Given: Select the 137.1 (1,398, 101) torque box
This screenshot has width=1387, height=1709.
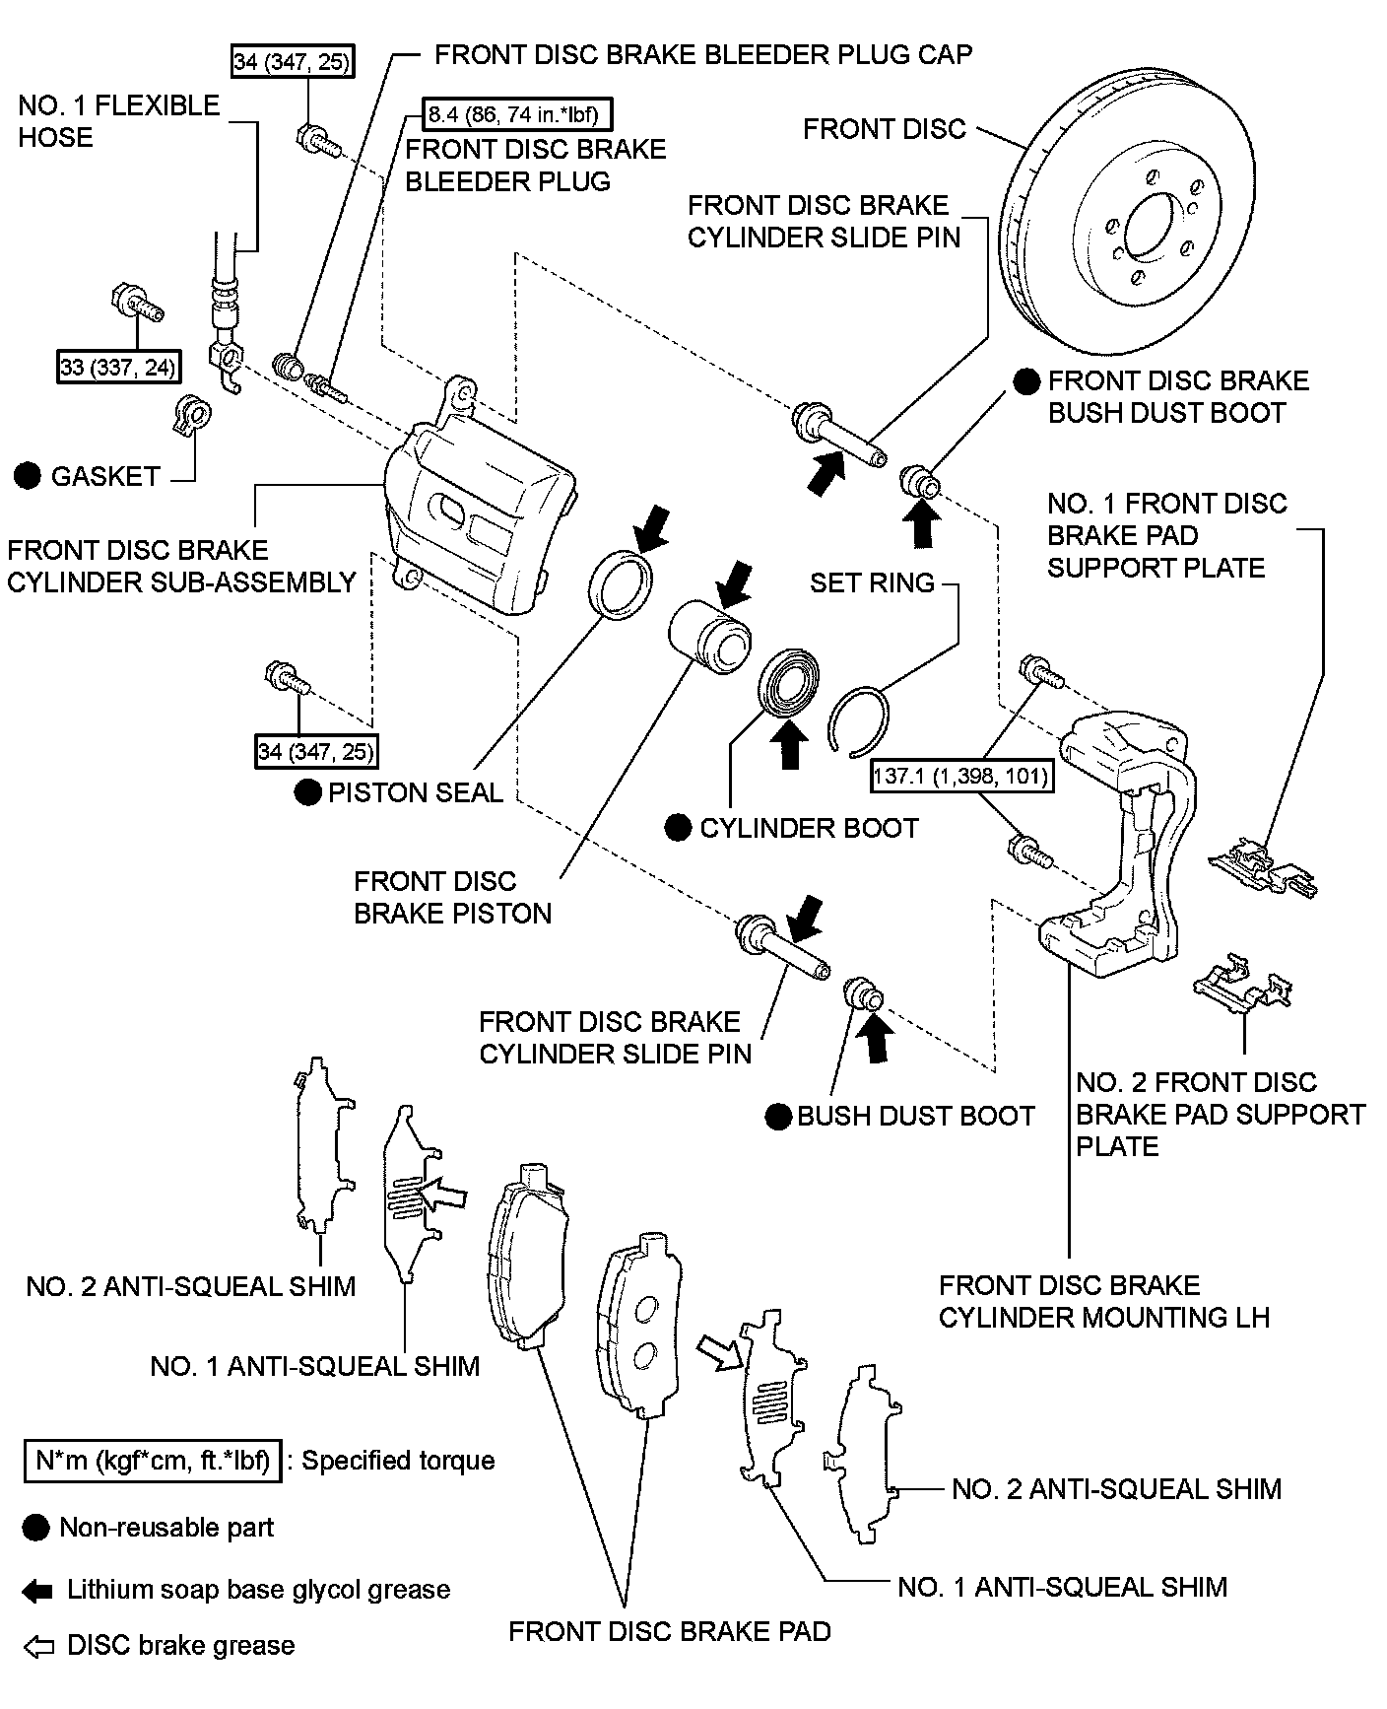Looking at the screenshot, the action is tap(960, 777).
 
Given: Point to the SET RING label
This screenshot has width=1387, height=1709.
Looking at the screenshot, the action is tap(872, 582).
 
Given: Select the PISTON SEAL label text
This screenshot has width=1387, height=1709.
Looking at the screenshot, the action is tap(415, 792).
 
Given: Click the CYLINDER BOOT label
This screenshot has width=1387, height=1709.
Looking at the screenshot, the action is tap(809, 828).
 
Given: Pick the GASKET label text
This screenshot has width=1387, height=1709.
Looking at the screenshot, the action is tap(105, 476).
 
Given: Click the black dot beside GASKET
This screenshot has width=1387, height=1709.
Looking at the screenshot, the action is tap(29, 476).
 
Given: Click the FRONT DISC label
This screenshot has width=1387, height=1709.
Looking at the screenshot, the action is tap(885, 129).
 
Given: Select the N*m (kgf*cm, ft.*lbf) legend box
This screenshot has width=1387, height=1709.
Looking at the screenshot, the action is tap(153, 1460).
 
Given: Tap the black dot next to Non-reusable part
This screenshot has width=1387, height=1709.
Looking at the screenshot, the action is tap(35, 1528).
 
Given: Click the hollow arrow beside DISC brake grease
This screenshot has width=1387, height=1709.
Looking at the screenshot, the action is tap(37, 1646).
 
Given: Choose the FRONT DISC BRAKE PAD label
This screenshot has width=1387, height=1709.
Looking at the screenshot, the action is tap(670, 1631).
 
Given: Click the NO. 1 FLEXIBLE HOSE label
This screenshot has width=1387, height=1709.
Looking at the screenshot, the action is tap(119, 121).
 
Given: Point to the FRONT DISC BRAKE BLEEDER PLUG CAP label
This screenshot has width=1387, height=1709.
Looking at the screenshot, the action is tap(703, 54).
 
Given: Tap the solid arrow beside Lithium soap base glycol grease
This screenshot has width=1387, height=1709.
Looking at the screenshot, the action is tap(37, 1590).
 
